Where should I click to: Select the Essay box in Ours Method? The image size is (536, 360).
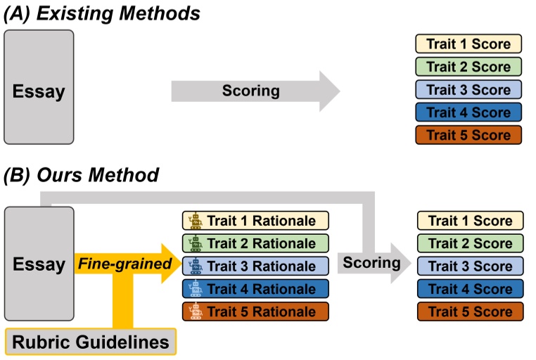click(x=39, y=265)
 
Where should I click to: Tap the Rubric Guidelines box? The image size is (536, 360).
click(x=91, y=342)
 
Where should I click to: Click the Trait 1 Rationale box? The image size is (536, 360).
click(x=255, y=221)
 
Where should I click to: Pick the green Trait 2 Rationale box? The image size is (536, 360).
click(x=255, y=243)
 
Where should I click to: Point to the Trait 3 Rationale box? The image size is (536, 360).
click(x=255, y=266)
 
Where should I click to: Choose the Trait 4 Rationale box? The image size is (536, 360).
click(x=255, y=288)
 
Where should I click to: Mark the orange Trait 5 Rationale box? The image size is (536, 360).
click(x=255, y=311)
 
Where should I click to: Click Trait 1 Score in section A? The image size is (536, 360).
click(x=468, y=44)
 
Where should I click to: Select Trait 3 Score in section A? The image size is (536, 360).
click(x=468, y=89)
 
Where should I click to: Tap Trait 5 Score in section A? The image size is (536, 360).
click(x=468, y=134)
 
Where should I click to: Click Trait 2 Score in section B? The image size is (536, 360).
click(x=470, y=243)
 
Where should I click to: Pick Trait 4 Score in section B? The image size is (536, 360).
click(x=470, y=288)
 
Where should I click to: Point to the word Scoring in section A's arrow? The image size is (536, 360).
click(x=250, y=90)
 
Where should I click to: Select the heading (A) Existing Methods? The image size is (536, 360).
click(x=102, y=13)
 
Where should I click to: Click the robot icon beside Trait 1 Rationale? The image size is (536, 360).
click(x=194, y=221)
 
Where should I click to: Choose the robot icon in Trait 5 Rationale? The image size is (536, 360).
click(x=194, y=311)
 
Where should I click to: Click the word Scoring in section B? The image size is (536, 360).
click(x=371, y=263)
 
